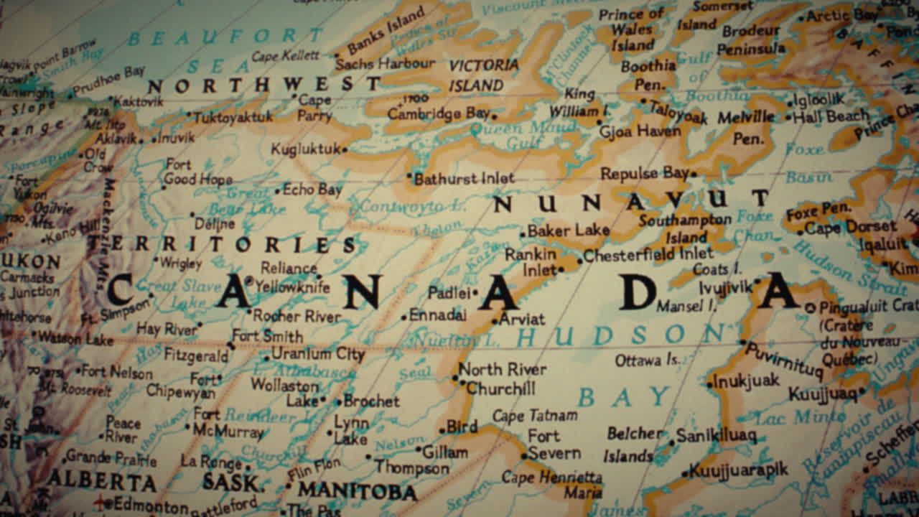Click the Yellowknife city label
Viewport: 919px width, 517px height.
(x=292, y=287)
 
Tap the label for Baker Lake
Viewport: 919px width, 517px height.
(x=568, y=231)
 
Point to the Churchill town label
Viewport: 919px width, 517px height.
(x=500, y=388)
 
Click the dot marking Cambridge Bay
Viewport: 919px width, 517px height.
(x=495, y=115)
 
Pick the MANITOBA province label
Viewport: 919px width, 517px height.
(x=358, y=492)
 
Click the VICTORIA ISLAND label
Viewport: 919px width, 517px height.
(x=483, y=75)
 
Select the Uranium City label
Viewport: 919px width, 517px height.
(x=318, y=354)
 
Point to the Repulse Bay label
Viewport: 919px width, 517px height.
(x=644, y=173)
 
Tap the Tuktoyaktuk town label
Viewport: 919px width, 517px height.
(x=233, y=116)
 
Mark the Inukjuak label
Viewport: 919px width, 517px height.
(x=746, y=381)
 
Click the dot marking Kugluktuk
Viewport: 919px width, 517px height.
(x=345, y=149)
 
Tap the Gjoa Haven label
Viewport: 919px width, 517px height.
(x=640, y=132)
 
